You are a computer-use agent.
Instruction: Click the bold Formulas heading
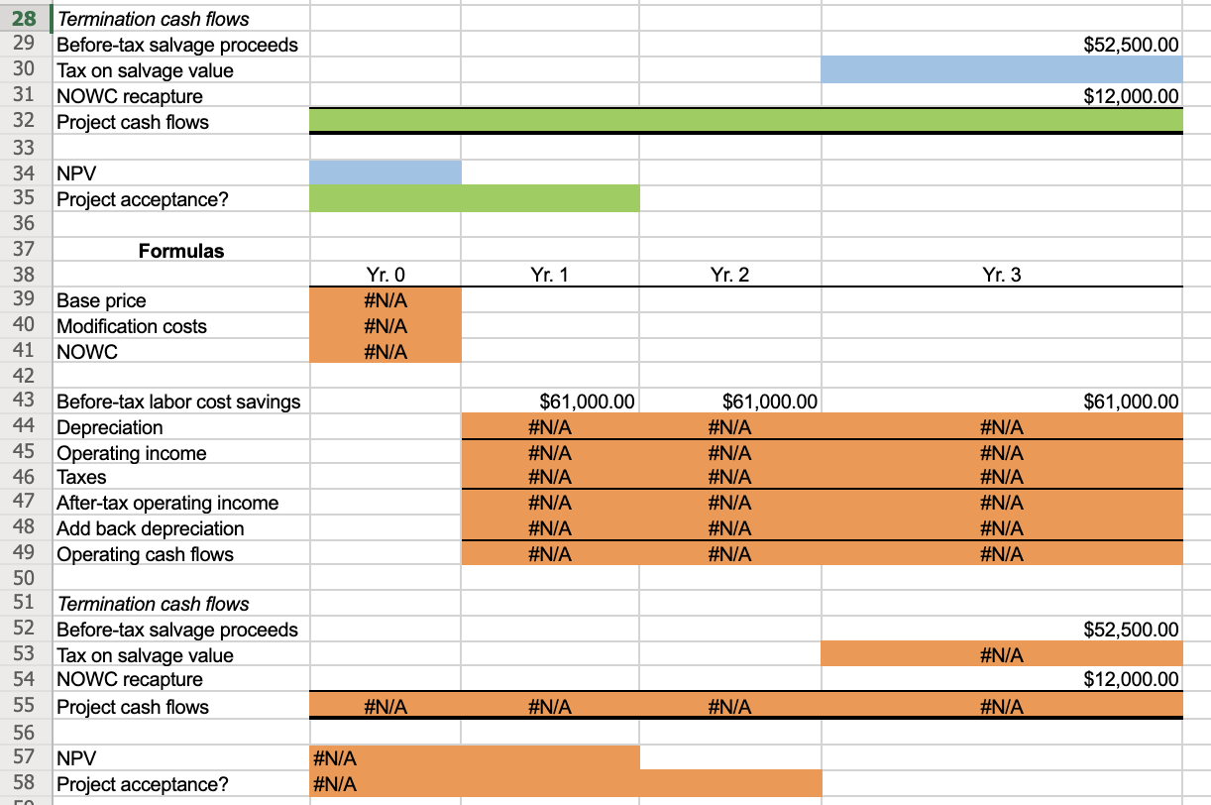coord(180,251)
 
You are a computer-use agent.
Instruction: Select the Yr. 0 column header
coord(385,276)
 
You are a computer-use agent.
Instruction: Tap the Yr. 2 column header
coord(729,276)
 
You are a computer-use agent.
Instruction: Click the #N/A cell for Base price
coord(385,300)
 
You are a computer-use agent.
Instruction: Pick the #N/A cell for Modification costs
coord(385,326)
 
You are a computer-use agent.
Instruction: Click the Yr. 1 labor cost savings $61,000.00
coord(587,402)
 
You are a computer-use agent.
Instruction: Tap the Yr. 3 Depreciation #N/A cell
coord(1001,427)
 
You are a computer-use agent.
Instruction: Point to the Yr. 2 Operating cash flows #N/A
coord(729,554)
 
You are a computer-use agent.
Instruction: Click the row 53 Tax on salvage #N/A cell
coord(1001,655)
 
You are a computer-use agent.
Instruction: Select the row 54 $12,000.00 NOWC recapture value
coord(1132,679)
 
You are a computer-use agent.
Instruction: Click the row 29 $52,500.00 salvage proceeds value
coord(1132,45)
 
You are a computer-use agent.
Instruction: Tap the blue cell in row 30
coord(1001,70)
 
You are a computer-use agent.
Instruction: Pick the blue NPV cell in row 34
coord(385,172)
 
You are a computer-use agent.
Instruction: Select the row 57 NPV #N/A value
coord(335,759)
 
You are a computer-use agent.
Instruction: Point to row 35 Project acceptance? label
coord(142,199)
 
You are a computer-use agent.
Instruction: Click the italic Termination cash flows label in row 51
coord(153,604)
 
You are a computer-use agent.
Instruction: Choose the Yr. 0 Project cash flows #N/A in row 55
coord(385,707)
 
